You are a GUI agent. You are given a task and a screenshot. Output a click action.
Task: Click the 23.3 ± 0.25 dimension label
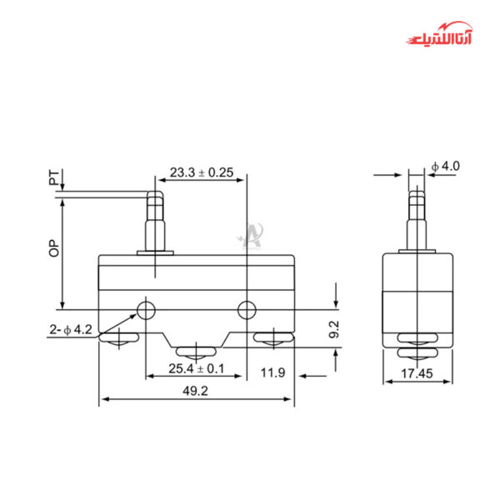[x=202, y=173]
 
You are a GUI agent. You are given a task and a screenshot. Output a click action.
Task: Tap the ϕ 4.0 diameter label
[x=446, y=167]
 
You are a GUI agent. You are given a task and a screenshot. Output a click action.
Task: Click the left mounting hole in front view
[x=147, y=311]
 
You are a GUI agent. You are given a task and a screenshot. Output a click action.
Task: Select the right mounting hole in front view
[x=246, y=311]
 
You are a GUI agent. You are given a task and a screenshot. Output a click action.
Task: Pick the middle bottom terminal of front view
[x=196, y=350]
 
